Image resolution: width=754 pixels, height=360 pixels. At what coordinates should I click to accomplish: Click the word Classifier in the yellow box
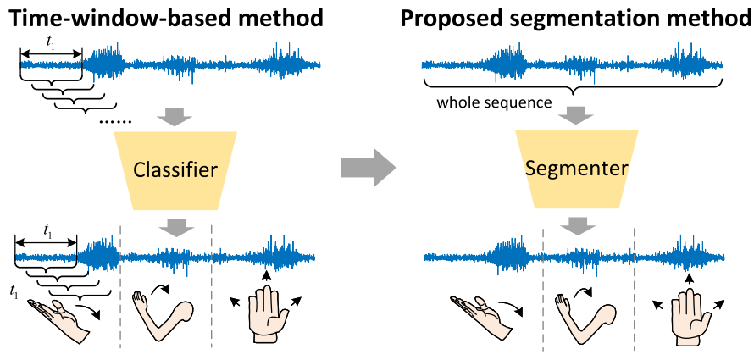click(x=177, y=170)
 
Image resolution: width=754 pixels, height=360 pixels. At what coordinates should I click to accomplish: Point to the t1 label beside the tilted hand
click(x=12, y=294)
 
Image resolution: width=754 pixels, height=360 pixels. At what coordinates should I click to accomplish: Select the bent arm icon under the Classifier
click(x=161, y=314)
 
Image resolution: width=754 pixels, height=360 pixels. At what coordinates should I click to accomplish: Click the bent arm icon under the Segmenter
click(x=579, y=314)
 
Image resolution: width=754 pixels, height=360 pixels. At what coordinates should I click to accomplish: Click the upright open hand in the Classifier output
click(x=266, y=313)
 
